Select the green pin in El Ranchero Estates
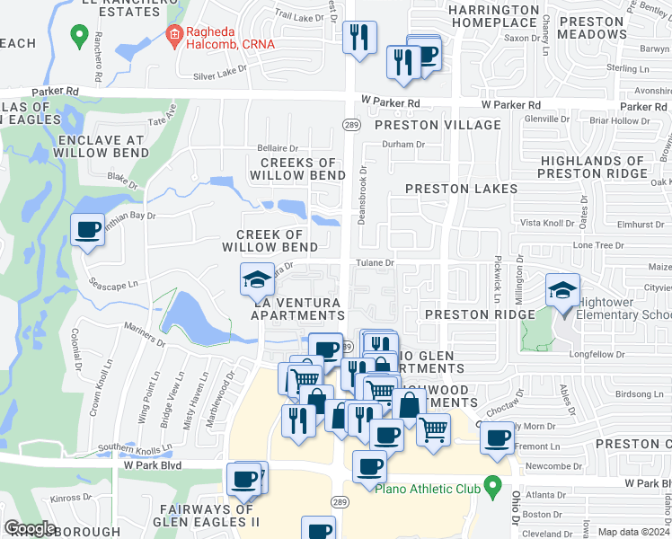[79, 37]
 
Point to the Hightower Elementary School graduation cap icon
[563, 291]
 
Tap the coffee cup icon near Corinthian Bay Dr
[88, 231]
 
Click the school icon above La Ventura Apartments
[257, 279]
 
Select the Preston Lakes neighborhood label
[461, 189]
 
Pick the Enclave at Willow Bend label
[99, 146]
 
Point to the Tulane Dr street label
[376, 262]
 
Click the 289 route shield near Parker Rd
[349, 123]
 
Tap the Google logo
[30, 528]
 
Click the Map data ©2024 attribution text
[633, 532]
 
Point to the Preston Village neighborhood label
[438, 126]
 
